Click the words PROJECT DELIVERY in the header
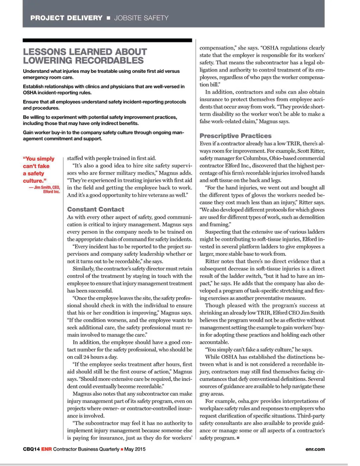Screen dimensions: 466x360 click(66, 18)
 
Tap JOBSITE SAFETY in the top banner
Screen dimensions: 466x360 click(141, 18)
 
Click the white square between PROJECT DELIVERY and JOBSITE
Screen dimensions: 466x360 click(108, 18)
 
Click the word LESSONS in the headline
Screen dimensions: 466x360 click(45, 52)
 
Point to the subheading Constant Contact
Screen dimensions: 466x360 click(96, 209)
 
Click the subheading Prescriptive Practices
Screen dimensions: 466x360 click(236, 136)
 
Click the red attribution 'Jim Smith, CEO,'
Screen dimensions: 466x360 click(47, 187)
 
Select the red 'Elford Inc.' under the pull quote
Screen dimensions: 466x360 click(51, 192)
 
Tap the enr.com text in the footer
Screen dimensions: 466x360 click(315, 449)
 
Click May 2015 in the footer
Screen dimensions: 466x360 click(135, 449)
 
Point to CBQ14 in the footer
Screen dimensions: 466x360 click(31, 449)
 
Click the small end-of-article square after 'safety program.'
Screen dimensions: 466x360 click(238, 438)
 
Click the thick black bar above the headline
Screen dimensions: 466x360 click(107, 40)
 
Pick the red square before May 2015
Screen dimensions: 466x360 click(122, 449)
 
